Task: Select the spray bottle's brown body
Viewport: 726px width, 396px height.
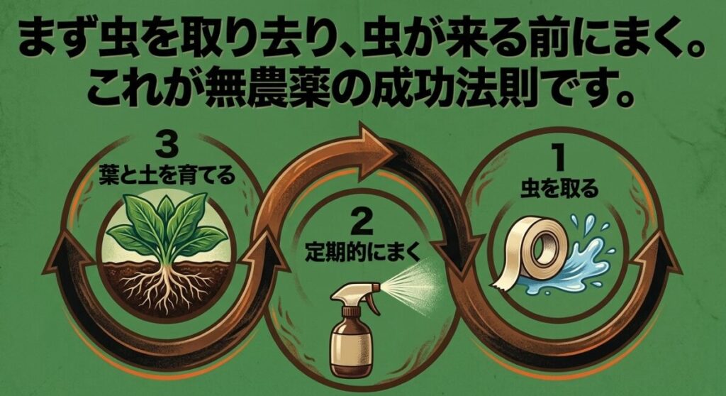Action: tap(347, 348)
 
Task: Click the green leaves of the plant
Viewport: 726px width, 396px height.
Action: tap(162, 224)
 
